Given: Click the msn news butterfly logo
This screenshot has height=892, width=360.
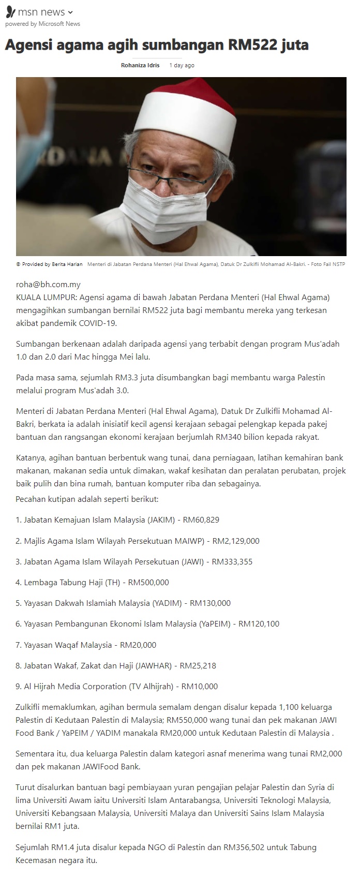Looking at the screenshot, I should click(10, 12).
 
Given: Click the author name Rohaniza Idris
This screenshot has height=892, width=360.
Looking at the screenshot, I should click(140, 66).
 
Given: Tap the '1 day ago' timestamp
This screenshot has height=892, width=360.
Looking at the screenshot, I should click(182, 66).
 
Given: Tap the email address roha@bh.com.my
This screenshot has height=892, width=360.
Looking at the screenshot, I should click(48, 284).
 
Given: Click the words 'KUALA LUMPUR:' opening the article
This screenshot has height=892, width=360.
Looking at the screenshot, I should click(46, 297).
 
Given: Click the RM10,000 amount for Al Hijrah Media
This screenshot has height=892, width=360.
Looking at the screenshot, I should click(200, 686).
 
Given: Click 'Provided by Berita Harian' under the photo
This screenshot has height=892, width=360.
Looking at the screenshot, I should click(52, 264).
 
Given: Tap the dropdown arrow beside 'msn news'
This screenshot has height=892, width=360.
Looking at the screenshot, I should click(71, 12).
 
